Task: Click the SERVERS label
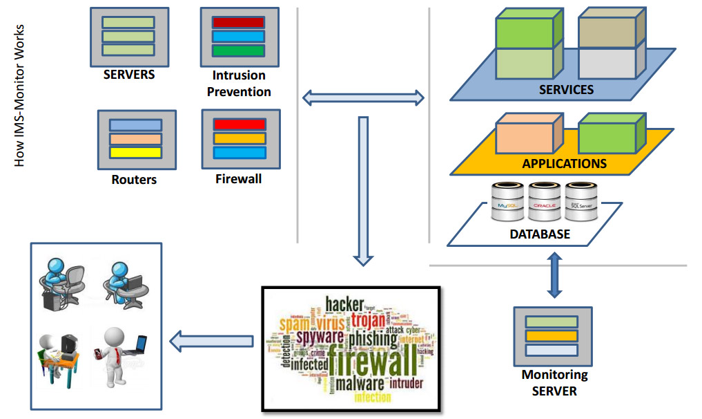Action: click(128, 75)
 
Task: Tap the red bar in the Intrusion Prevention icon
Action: click(238, 23)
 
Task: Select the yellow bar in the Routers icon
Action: click(135, 153)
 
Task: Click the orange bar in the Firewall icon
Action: click(240, 138)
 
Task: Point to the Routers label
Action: click(134, 180)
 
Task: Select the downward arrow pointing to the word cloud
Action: click(363, 191)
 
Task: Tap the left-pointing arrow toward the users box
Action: click(211, 339)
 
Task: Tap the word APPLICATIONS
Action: click(564, 164)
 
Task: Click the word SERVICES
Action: click(565, 90)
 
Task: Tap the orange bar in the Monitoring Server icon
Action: click(552, 336)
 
